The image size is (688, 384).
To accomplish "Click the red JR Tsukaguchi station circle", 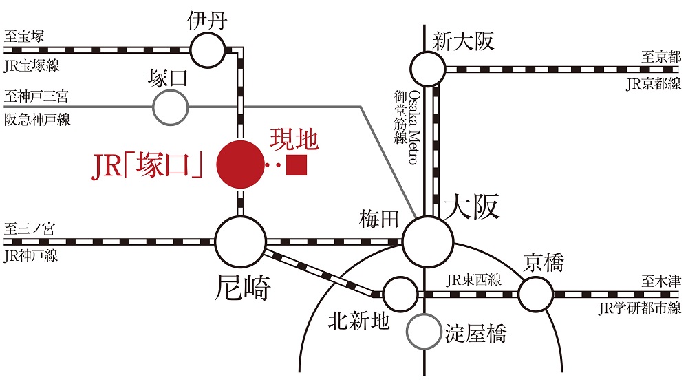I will pos(241,164).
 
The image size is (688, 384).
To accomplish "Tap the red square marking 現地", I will pos(297,165).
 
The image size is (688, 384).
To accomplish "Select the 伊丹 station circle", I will pos(207,49).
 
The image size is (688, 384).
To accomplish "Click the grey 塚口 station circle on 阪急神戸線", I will pos(170,107).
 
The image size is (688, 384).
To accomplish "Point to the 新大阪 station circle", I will pos(427,68).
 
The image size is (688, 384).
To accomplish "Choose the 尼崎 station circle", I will pos(240,242).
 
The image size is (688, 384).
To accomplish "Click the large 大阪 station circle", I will pos(427,241).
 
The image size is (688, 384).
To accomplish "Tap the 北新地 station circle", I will pos(400,294).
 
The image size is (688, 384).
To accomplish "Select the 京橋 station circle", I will pos(535,294).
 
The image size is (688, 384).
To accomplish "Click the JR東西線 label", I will pos(473,280).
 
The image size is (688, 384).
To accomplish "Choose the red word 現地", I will pos(294,140).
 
